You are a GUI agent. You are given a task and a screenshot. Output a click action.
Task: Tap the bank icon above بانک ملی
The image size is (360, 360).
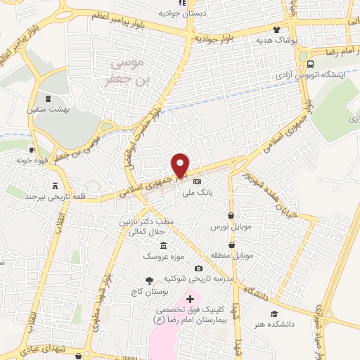[206, 181]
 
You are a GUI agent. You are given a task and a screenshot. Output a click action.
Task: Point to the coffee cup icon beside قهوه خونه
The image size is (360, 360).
[32, 150]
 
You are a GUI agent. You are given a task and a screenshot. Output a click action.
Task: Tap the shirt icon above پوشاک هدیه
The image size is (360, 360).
[277, 31]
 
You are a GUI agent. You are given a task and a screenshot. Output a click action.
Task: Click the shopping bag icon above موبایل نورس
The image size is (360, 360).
[231, 216]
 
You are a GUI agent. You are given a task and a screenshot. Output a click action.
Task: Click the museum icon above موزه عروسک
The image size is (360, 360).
[164, 245]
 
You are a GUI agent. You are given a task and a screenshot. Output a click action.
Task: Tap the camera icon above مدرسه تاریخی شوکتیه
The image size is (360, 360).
[199, 269]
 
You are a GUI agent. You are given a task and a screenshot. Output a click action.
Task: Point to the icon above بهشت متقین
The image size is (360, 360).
[47, 99]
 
